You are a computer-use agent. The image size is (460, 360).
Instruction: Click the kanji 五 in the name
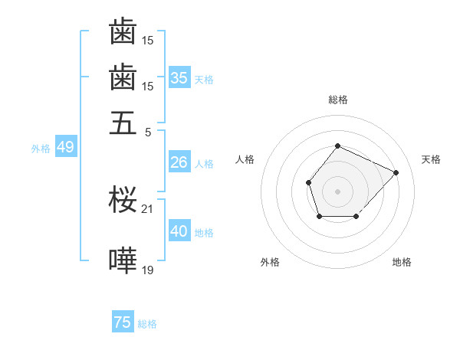point(123,122)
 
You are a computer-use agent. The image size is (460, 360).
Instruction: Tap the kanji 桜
point(123,201)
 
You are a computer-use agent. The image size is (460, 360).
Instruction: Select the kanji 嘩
point(123,261)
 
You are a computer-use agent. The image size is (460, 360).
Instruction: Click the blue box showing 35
point(179,78)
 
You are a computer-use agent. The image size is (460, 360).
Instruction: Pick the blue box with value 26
point(179,162)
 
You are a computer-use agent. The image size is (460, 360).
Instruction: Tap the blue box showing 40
point(179,231)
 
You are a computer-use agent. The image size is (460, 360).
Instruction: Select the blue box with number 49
point(65,147)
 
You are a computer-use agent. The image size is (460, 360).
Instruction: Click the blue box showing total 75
point(123,322)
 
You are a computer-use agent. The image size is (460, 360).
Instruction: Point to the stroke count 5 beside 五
point(148,131)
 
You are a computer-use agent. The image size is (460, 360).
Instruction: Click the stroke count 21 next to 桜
point(148,208)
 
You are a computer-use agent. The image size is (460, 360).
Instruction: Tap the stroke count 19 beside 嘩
point(148,270)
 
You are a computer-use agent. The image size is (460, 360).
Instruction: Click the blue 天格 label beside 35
point(204,79)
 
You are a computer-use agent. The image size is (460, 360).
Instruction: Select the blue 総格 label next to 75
point(147,324)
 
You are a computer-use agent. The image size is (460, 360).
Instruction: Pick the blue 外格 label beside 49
point(41,149)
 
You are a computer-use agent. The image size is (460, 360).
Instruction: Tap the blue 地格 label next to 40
point(204,233)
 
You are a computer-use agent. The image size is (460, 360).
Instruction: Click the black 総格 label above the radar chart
point(337,100)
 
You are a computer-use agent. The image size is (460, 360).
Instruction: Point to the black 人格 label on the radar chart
point(245,159)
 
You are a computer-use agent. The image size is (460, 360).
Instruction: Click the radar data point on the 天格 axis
point(396,172)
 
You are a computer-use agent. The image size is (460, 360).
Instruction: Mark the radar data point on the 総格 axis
point(337,146)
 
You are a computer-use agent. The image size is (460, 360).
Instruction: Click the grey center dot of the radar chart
point(337,191)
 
